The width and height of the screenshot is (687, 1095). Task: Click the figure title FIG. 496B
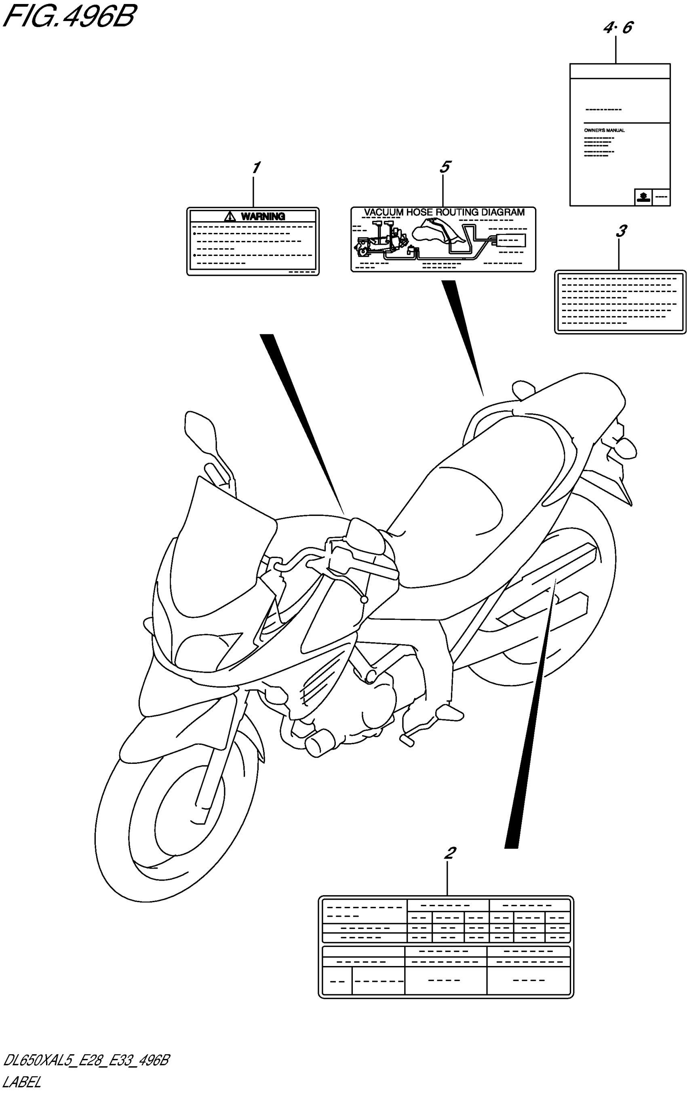(x=69, y=17)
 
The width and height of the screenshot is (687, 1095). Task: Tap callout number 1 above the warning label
(x=256, y=168)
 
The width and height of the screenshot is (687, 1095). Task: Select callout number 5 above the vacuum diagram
(x=445, y=167)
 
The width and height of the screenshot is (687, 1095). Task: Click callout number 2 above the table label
(x=449, y=853)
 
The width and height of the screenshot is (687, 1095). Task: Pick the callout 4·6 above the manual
(x=617, y=28)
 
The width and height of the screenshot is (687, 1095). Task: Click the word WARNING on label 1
(x=263, y=216)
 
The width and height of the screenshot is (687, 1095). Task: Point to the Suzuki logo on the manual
(x=643, y=197)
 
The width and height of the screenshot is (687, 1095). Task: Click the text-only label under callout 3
(x=620, y=302)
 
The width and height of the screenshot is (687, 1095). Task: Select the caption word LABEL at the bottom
(x=22, y=1082)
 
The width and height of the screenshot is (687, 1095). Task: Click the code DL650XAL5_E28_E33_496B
(x=86, y=1061)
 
